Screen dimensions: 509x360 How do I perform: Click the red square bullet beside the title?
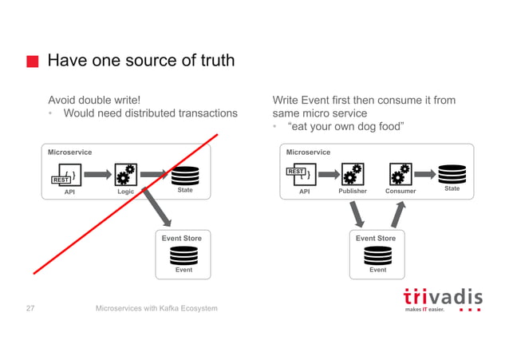click(x=32, y=61)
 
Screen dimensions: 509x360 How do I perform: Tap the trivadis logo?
click(x=442, y=299)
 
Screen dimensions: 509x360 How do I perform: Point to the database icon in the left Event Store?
click(x=183, y=255)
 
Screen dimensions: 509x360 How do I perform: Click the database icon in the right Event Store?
click(x=377, y=255)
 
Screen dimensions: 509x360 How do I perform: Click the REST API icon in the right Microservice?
click(x=301, y=173)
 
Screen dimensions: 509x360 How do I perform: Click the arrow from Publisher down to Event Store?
click(x=358, y=213)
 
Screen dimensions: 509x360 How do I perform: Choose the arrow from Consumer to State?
click(x=424, y=172)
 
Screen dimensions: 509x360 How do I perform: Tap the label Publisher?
click(x=353, y=192)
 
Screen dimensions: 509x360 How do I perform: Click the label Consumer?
click(x=400, y=192)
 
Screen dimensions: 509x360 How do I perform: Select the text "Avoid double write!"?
click(x=94, y=101)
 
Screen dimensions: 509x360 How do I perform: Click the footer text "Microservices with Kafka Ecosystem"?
click(x=156, y=308)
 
